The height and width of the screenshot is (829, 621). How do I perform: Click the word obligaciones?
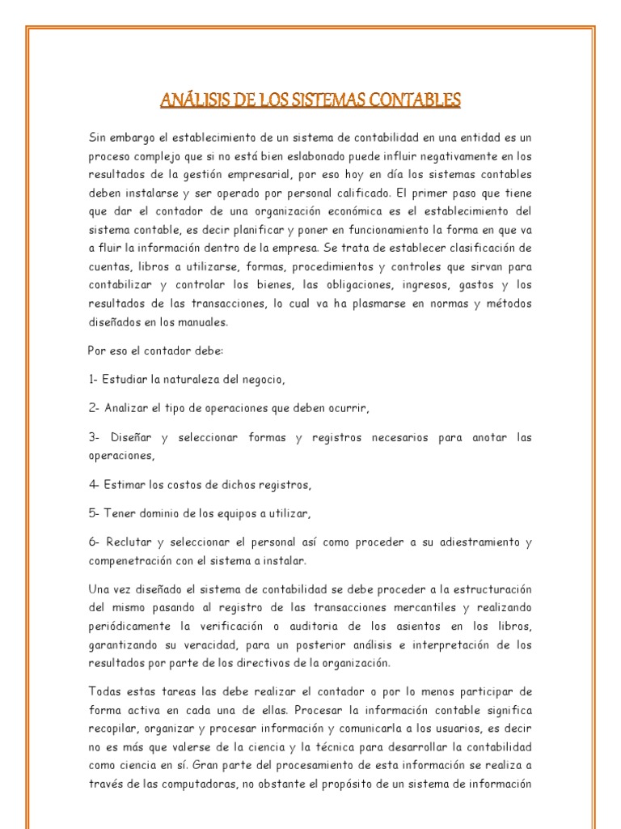[368, 285]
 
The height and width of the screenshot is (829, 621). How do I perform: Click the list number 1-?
[93, 379]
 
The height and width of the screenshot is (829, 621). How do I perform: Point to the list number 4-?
[94, 485]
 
